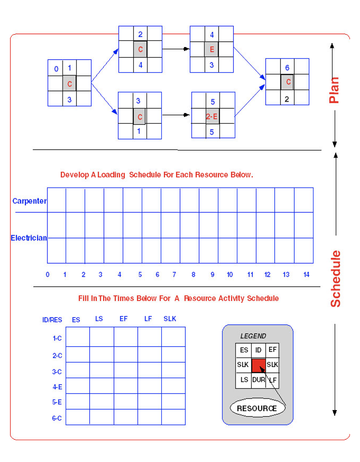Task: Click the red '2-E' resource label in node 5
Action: (x=212, y=117)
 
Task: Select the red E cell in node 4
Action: (x=212, y=50)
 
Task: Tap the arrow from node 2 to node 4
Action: (x=176, y=49)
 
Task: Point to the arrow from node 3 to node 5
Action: (x=176, y=115)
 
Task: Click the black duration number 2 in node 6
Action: (x=287, y=99)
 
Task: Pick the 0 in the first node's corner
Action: (x=56, y=69)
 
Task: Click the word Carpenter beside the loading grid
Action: (x=30, y=201)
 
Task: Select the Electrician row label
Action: (x=29, y=238)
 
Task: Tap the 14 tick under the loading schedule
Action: (x=306, y=275)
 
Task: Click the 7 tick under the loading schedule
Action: (x=174, y=275)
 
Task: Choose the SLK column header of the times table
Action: (x=170, y=319)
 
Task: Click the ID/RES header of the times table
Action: (x=52, y=320)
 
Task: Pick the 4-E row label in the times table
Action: (x=57, y=386)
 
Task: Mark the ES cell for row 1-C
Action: (x=78, y=337)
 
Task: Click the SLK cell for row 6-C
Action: (x=173, y=417)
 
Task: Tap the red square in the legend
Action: (x=258, y=365)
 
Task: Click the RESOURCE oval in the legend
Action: (x=257, y=408)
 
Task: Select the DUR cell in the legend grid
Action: (x=258, y=380)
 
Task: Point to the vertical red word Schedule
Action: (x=336, y=279)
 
